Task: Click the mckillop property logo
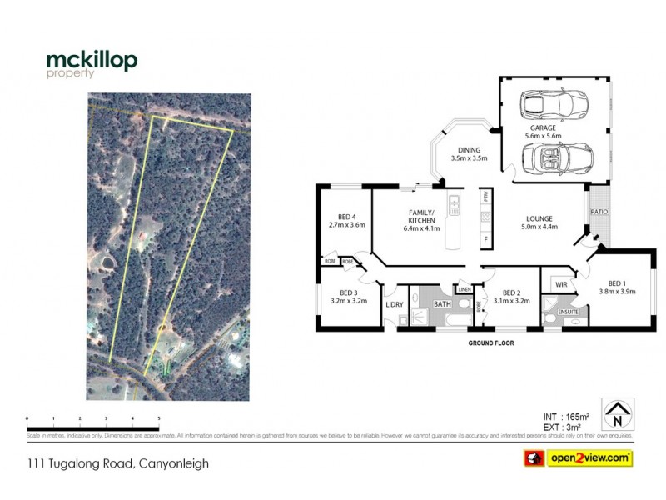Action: coord(92,64)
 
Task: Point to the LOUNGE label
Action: coord(539,220)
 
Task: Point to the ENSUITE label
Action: coord(568,310)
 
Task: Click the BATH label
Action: coord(442,305)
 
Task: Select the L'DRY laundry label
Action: coord(395,305)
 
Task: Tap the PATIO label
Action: coord(599,212)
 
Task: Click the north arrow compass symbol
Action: coord(618,414)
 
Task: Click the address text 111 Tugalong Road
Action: coord(117,463)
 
